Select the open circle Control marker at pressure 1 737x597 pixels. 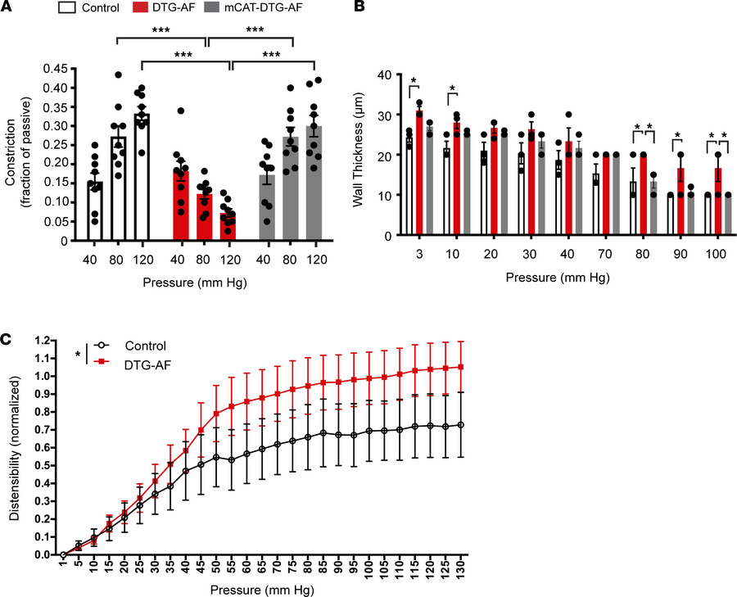pos(63,554)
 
